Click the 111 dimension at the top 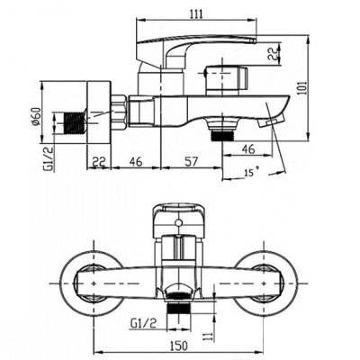pyautogui.click(x=196, y=14)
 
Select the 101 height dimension pyautogui.click(x=303, y=87)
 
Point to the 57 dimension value pyautogui.click(x=192, y=162)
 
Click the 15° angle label pyautogui.click(x=251, y=173)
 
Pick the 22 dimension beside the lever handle pyautogui.click(x=273, y=54)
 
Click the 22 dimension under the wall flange pyautogui.click(x=99, y=161)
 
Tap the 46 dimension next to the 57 pyautogui.click(x=136, y=161)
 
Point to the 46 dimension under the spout pyautogui.click(x=248, y=148)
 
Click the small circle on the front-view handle pyautogui.click(x=179, y=222)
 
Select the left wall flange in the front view pyautogui.click(x=91, y=283)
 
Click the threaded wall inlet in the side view pyautogui.click(x=75, y=122)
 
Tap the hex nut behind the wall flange pyautogui.click(x=118, y=112)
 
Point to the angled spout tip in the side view pyautogui.click(x=271, y=121)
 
